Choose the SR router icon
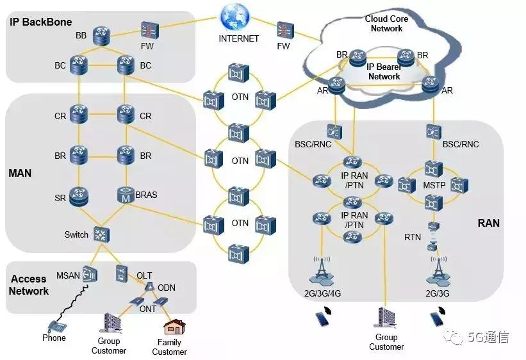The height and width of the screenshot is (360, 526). [79, 195]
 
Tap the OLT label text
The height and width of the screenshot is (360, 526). [144, 275]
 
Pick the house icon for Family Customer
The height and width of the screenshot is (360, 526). [172, 328]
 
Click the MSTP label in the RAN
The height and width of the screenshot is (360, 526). [429, 186]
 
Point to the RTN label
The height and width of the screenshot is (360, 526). [413, 238]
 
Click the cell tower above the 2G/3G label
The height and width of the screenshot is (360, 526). [438, 272]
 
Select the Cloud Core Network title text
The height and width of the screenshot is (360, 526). [387, 24]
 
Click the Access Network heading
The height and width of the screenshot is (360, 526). [29, 285]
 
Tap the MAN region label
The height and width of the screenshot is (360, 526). [20, 173]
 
